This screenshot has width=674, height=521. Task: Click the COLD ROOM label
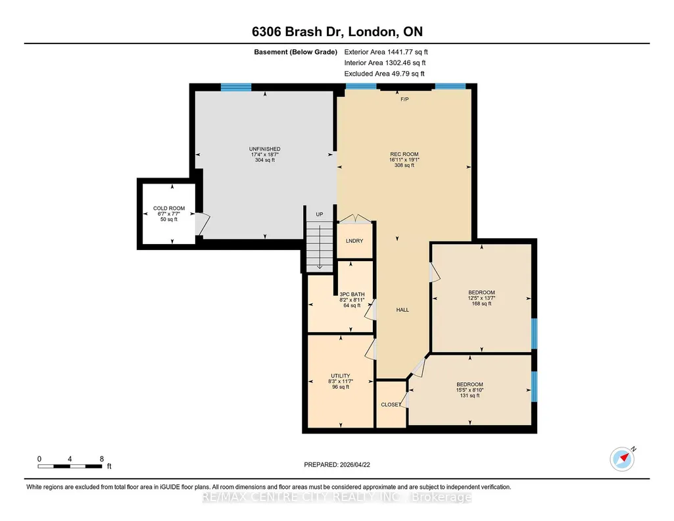169,209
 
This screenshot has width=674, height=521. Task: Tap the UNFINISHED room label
265,149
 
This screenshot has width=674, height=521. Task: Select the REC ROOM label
404,155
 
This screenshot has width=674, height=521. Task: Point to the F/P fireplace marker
404,99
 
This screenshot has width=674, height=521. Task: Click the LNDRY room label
354,241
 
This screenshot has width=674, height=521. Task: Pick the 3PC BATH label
352,295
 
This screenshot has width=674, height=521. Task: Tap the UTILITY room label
341,376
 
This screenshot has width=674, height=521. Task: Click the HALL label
403,309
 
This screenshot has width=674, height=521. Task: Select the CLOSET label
391,405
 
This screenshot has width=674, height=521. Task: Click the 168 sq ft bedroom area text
481,303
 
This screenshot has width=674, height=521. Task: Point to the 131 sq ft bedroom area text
469,395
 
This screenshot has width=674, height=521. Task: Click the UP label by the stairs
320,214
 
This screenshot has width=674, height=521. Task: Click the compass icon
622,459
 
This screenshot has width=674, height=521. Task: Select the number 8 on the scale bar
102,459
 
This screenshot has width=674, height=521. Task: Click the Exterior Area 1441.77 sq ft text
386,52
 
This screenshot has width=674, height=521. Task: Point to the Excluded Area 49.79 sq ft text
384,74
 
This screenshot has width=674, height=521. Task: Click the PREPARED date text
337,464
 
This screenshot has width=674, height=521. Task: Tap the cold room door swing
203,224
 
